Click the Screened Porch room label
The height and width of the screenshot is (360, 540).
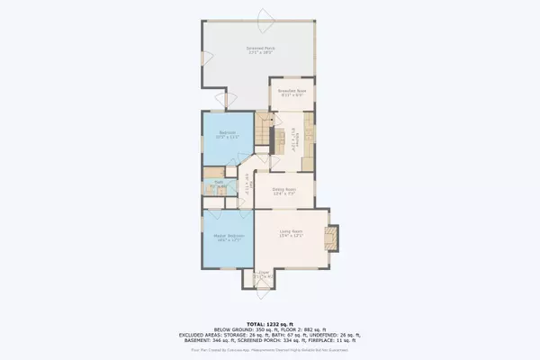coord(261,47)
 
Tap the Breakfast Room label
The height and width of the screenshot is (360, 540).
coord(292,91)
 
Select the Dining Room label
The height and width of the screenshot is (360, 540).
coord(283,190)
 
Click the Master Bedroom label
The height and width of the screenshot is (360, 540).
coord(229,236)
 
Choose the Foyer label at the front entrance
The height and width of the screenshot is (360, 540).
coord(264,272)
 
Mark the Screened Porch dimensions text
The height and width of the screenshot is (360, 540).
coord(261,52)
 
